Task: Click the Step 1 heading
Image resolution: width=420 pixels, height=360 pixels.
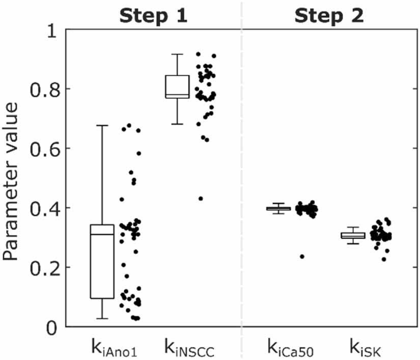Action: tap(153, 15)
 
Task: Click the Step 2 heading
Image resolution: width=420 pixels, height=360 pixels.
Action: tap(329, 15)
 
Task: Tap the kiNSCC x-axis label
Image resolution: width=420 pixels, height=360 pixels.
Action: tap(189, 347)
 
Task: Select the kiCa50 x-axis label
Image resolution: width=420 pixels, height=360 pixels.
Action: tap(291, 347)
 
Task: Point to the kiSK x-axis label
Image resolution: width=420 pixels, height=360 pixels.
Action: tap(365, 347)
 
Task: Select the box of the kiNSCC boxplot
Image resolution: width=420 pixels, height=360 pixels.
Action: tap(177, 87)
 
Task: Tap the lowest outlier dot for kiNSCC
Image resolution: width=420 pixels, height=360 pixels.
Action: tap(201, 199)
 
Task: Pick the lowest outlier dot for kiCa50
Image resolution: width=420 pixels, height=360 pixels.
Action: tap(302, 257)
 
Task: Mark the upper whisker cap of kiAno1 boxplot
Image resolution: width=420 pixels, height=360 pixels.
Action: tap(102, 125)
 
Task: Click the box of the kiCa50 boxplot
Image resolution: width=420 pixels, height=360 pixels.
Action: tap(278, 208)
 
